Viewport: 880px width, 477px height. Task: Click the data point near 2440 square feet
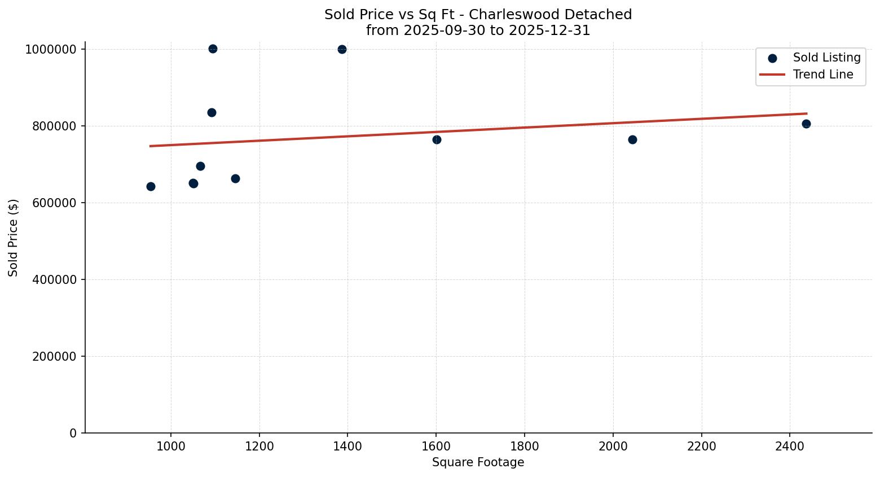pyautogui.click(x=806, y=124)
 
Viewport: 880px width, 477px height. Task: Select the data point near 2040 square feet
pyautogui.click(x=632, y=139)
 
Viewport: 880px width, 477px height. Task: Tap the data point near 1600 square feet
pyautogui.click(x=437, y=139)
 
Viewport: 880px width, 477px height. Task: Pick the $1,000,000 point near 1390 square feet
pyautogui.click(x=342, y=49)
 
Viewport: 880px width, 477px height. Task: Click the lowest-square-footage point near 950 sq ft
pyautogui.click(x=151, y=186)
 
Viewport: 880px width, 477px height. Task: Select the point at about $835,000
pyautogui.click(x=212, y=112)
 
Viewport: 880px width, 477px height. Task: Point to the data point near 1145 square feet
pyautogui.click(x=235, y=178)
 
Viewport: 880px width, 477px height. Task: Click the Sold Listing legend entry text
pyautogui.click(x=826, y=58)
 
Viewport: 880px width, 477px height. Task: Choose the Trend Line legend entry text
pyautogui.click(x=823, y=75)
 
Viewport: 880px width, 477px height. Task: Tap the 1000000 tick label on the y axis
pyautogui.click(x=51, y=50)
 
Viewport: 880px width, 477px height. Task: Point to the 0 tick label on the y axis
pyautogui.click(x=73, y=434)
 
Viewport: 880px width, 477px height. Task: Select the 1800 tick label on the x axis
pyautogui.click(x=525, y=445)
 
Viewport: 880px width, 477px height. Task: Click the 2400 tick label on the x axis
pyautogui.click(x=790, y=445)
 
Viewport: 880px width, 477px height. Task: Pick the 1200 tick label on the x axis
pyautogui.click(x=259, y=445)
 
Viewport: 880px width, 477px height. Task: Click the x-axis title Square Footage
pyautogui.click(x=478, y=463)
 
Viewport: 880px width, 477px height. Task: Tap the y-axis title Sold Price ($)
pyautogui.click(x=14, y=238)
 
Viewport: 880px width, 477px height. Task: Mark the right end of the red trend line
pyautogui.click(x=807, y=113)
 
